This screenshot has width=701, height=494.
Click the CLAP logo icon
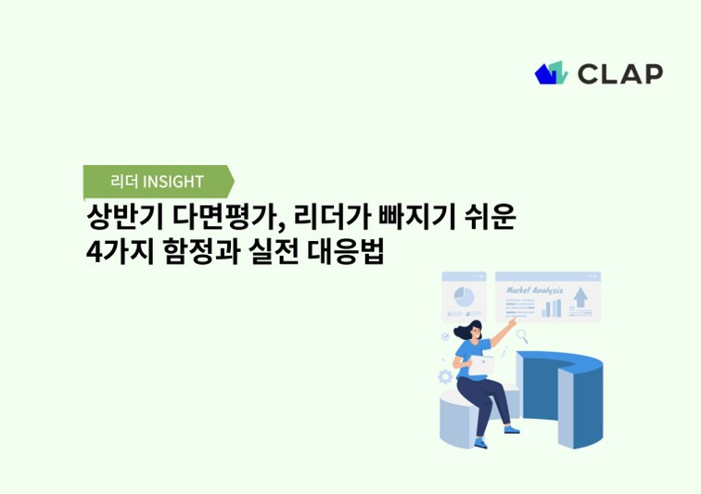click(550, 72)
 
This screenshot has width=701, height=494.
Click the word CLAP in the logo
click(620, 73)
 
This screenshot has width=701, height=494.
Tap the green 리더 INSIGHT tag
click(157, 181)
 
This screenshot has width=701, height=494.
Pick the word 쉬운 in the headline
click(489, 219)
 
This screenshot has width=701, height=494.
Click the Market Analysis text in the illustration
click(534, 290)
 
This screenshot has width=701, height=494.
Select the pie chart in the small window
click(462, 298)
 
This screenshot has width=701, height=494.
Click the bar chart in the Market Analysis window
click(552, 308)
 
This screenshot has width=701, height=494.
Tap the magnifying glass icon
click(522, 336)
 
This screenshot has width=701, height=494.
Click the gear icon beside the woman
click(445, 376)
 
